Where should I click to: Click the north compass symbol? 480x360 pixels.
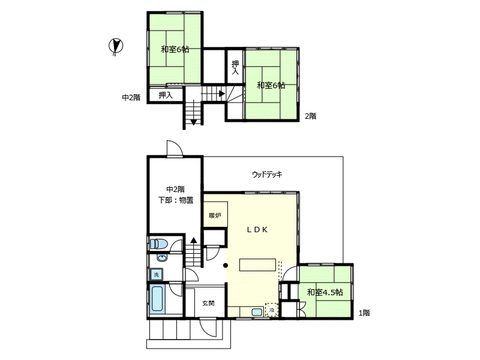pyautogui.click(x=116, y=47)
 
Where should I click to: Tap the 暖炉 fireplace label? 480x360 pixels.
pyautogui.click(x=215, y=215)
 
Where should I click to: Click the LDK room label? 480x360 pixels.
pyautogui.click(x=257, y=230)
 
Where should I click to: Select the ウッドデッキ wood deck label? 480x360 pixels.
pyautogui.click(x=267, y=175)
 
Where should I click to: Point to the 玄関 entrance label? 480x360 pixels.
pyautogui.click(x=208, y=304)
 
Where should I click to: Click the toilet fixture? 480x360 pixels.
pyautogui.click(x=158, y=244)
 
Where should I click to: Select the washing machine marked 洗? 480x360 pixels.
pyautogui.click(x=157, y=275)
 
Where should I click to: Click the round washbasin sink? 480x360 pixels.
pyautogui.click(x=162, y=258)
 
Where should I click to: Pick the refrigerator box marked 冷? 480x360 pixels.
pyautogui.click(x=272, y=310)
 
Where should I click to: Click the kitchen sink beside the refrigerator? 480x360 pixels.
pyautogui.click(x=257, y=312)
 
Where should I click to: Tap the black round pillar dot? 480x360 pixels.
pyautogui.click(x=226, y=265)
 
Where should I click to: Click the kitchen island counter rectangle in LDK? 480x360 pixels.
pyautogui.click(x=257, y=265)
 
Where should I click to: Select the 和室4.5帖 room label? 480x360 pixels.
pyautogui.click(x=325, y=292)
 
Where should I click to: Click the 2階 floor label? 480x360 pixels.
pyautogui.click(x=310, y=116)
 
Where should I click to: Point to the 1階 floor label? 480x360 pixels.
pyautogui.click(x=364, y=313)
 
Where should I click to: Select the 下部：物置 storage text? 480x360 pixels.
pyautogui.click(x=176, y=200)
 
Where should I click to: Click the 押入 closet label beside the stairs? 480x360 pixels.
pyautogui.click(x=166, y=95)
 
